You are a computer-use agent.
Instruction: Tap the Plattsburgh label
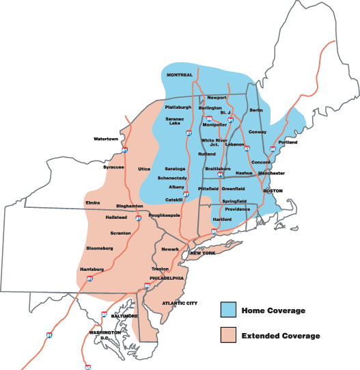tap(178, 107)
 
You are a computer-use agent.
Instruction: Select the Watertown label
tap(106, 139)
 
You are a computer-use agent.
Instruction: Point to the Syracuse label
tap(114, 167)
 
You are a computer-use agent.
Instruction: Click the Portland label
tap(288, 142)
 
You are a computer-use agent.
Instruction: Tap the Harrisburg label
tap(92, 269)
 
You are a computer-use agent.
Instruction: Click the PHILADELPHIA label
tap(167, 278)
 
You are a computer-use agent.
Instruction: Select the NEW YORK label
tap(203, 253)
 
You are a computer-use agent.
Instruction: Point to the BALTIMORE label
tap(125, 317)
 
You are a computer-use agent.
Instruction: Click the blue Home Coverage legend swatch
tap(230, 310)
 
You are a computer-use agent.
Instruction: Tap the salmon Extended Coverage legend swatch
tap(230, 335)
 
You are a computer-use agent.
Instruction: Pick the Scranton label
tap(120, 233)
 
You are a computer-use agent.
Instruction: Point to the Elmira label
tap(93, 203)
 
